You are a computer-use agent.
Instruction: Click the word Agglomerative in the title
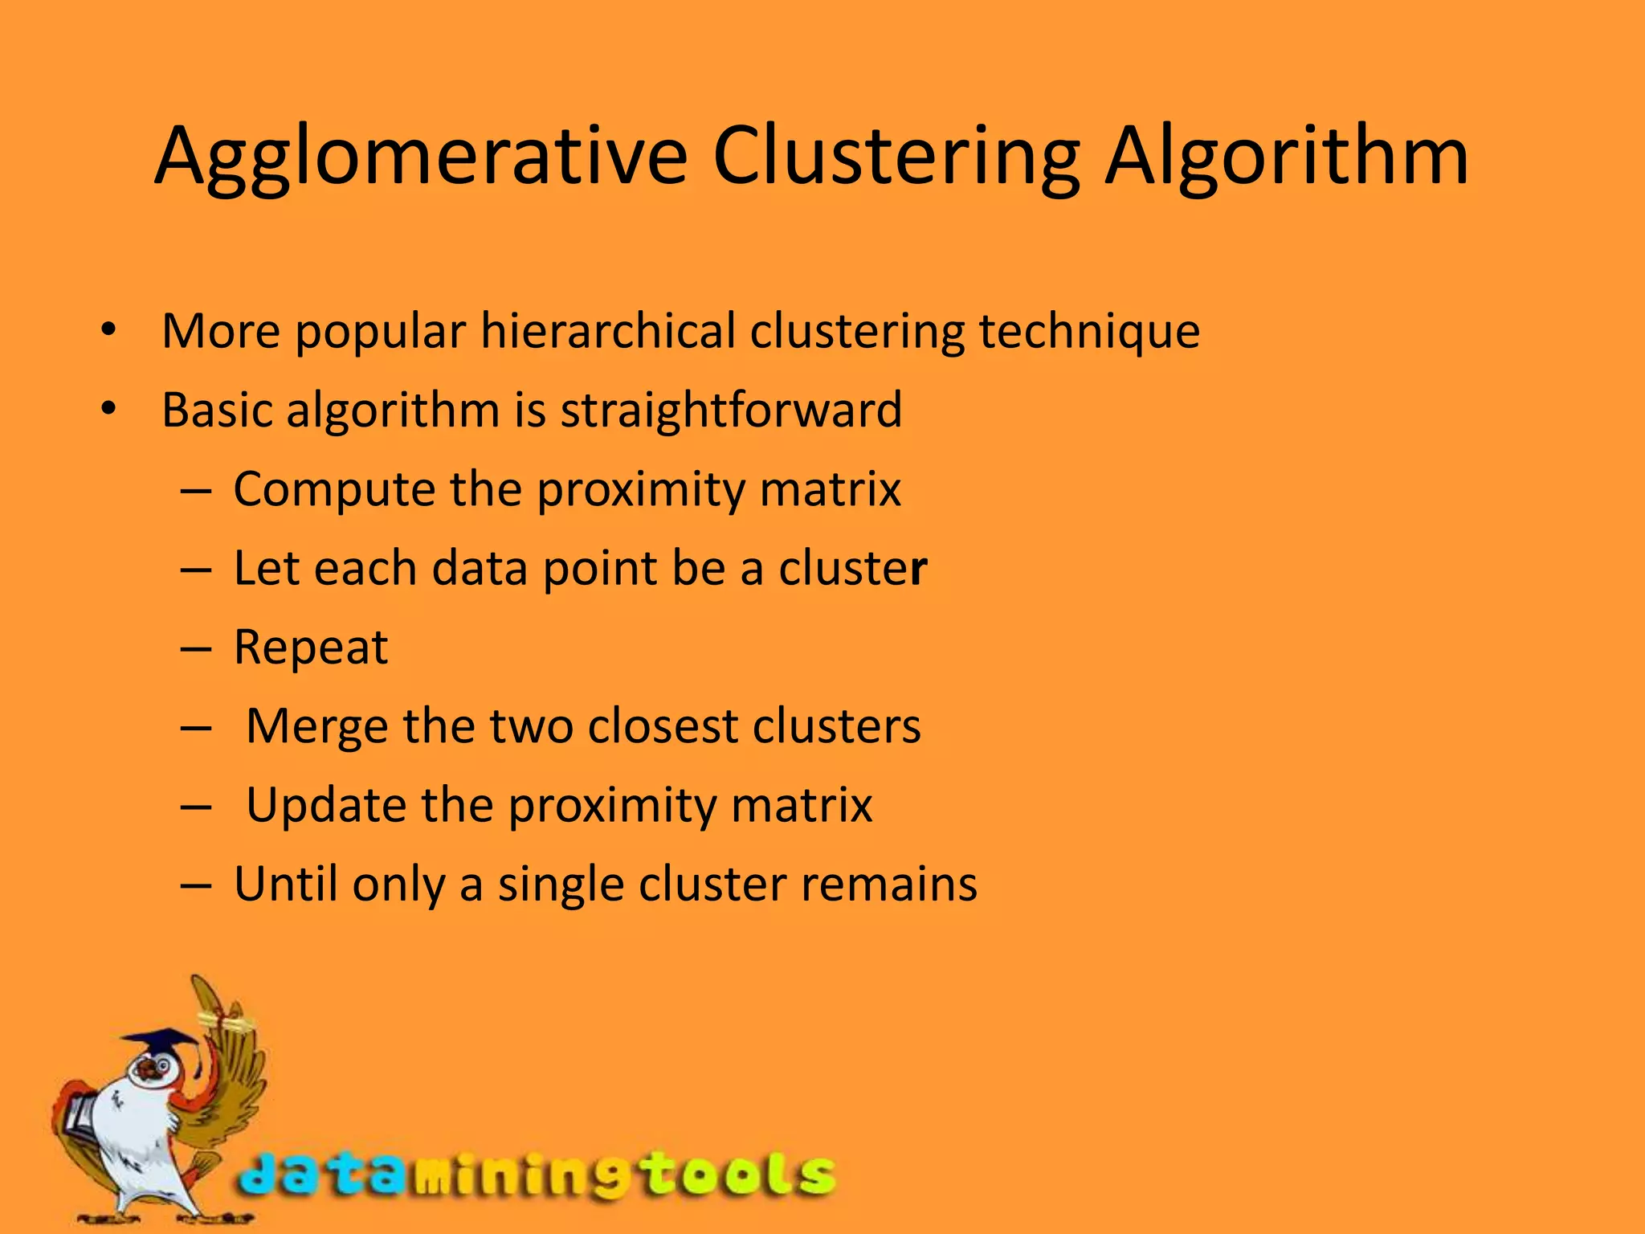tap(421, 157)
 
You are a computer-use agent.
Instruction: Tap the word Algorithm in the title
tap(1287, 157)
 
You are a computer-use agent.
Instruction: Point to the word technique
tap(1089, 331)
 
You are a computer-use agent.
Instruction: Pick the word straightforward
tap(731, 410)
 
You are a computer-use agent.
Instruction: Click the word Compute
tap(333, 489)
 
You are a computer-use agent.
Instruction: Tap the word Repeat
tap(311, 648)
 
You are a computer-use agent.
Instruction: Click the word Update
tap(325, 805)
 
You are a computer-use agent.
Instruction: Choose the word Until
tap(285, 884)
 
